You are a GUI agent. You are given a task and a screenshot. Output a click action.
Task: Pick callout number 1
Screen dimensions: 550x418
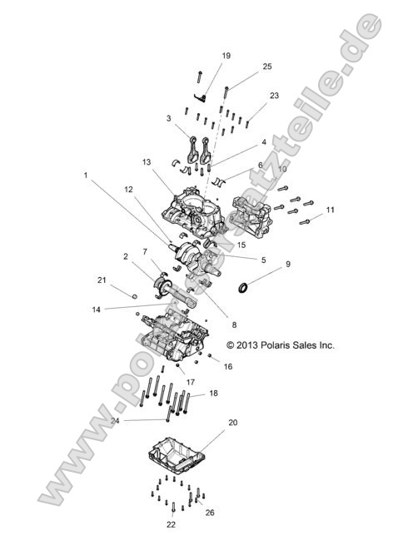pyautogui.click(x=85, y=176)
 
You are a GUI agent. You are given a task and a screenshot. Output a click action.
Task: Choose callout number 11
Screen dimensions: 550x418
pyautogui.click(x=331, y=210)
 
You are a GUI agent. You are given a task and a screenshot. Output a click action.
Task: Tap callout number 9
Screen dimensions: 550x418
pyautogui.click(x=288, y=265)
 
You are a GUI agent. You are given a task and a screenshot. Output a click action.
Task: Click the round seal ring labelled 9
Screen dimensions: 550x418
pyautogui.click(x=245, y=288)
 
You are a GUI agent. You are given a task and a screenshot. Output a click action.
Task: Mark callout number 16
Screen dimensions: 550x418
pyautogui.click(x=228, y=366)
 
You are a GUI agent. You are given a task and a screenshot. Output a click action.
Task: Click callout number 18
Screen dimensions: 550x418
pyautogui.click(x=214, y=392)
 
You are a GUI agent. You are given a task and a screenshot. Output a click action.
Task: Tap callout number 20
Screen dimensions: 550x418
pyautogui.click(x=233, y=423)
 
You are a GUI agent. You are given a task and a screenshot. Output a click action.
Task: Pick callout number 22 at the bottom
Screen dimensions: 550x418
pyautogui.click(x=171, y=525)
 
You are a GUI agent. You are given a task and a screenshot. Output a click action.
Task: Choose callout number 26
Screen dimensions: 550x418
pyautogui.click(x=210, y=513)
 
